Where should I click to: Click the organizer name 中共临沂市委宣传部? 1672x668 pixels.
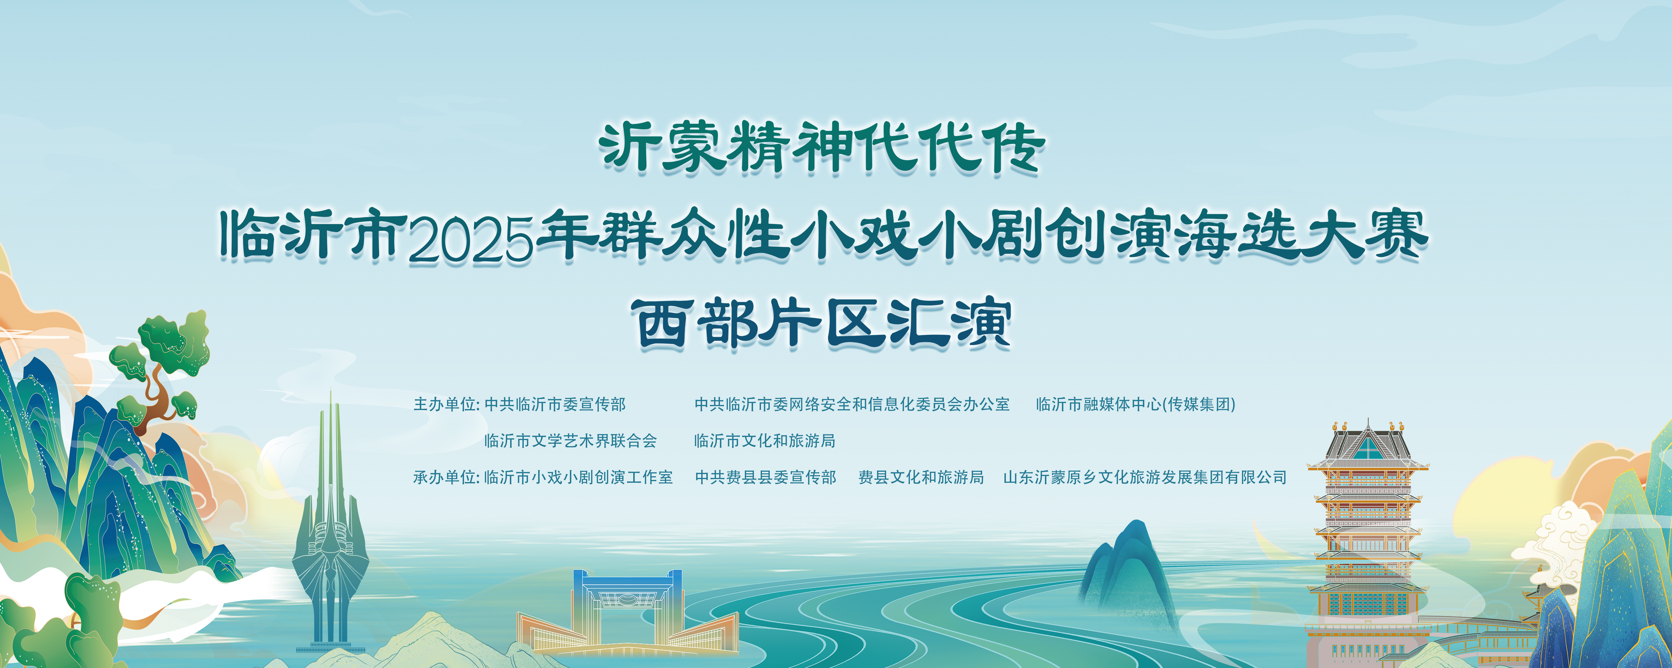click(555, 405)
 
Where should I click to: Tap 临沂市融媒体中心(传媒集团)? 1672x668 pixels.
click(1136, 405)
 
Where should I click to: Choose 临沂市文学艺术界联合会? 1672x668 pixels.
click(570, 441)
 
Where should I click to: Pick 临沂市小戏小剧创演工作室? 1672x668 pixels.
click(578, 477)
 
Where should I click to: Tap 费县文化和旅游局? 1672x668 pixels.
click(921, 477)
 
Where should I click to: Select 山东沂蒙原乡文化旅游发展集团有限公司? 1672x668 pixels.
click(1145, 477)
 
